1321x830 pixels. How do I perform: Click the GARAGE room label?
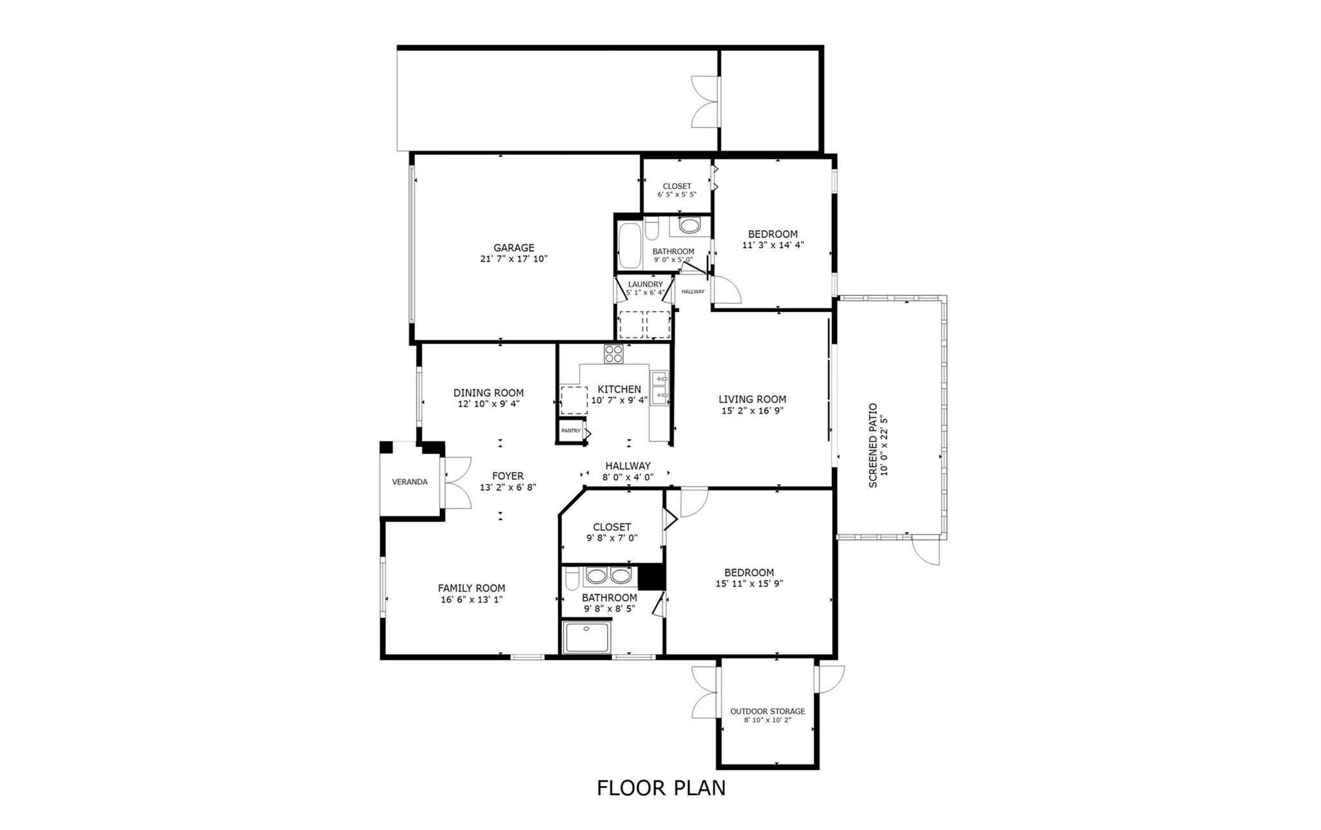point(513,247)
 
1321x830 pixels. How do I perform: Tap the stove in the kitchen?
point(613,354)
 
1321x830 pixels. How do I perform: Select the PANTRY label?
point(570,430)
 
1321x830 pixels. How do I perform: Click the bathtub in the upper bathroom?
point(630,246)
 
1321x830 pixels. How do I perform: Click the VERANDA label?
point(410,481)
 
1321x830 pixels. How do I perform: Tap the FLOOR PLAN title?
point(660,787)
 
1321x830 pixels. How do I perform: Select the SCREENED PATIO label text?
point(873,445)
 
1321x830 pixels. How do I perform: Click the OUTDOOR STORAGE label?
point(767,711)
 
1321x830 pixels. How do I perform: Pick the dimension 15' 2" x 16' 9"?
point(752,410)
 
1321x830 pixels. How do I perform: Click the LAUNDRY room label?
point(645,284)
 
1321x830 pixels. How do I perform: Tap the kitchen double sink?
point(659,386)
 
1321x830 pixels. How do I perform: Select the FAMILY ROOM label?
point(471,588)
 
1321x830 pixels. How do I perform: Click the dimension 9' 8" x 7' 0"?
point(611,537)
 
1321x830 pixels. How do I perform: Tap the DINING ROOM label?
point(488,392)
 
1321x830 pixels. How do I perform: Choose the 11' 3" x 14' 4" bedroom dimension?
point(772,245)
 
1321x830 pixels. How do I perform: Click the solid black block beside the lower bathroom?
point(651,577)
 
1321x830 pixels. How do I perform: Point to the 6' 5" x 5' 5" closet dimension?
point(677,194)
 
